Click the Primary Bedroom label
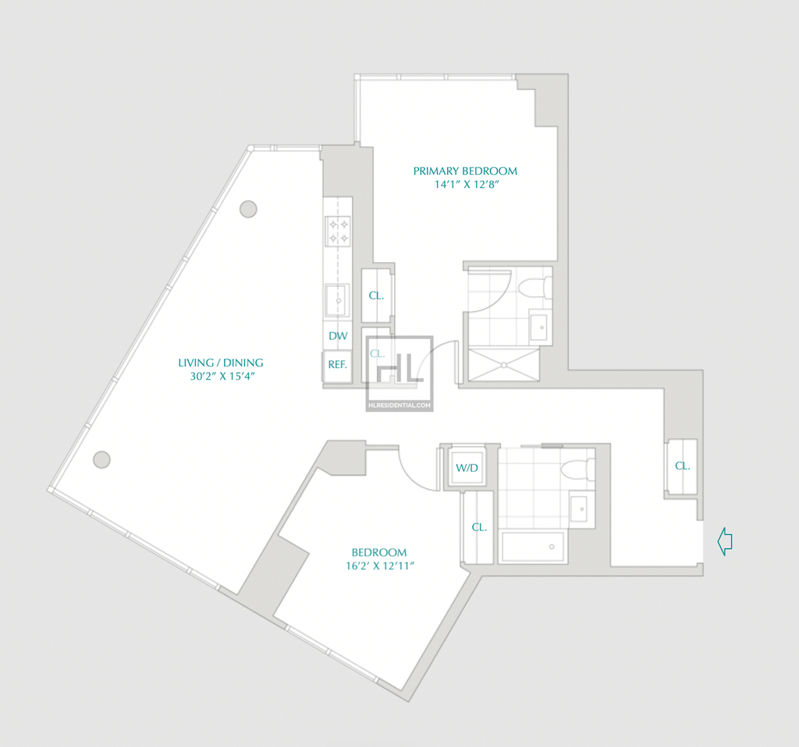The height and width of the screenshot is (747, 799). pyautogui.click(x=465, y=171)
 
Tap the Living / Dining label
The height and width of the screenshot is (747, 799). pyautogui.click(x=221, y=363)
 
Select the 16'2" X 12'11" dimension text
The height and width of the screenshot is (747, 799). pyautogui.click(x=380, y=566)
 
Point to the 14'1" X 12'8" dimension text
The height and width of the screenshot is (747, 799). pyautogui.click(x=467, y=184)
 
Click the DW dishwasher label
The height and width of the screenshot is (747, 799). pyautogui.click(x=338, y=336)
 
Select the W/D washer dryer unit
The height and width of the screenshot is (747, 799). pyautogui.click(x=467, y=467)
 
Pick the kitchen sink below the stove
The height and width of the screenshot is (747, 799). pyautogui.click(x=337, y=300)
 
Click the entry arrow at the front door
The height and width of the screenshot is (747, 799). pyautogui.click(x=725, y=541)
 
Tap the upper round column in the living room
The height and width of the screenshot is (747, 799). pyautogui.click(x=248, y=209)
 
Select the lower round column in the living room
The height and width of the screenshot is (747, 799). pyautogui.click(x=102, y=459)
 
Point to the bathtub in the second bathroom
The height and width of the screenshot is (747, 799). pyautogui.click(x=533, y=547)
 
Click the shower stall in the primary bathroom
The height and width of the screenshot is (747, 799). pyautogui.click(x=503, y=364)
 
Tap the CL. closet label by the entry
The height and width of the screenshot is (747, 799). pyautogui.click(x=682, y=466)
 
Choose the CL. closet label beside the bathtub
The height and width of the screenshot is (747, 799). pyautogui.click(x=479, y=528)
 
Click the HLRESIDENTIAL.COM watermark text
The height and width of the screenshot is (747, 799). pyautogui.click(x=399, y=405)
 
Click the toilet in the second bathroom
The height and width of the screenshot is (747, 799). pyautogui.click(x=577, y=469)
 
